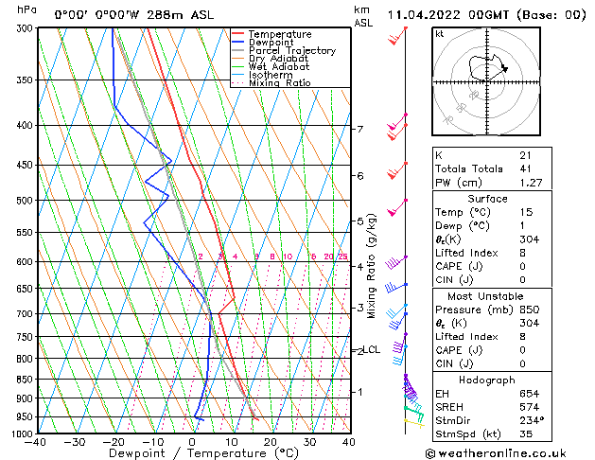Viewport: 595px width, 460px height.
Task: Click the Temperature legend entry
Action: [280, 34]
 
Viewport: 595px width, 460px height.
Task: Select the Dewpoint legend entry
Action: [271, 43]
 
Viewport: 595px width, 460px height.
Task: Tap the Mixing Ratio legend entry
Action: [279, 83]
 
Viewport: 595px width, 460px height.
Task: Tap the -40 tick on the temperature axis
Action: [37, 442]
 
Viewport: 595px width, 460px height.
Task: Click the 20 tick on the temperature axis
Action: [271, 442]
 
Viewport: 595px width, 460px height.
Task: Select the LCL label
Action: [372, 349]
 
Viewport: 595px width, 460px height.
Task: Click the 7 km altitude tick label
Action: [359, 129]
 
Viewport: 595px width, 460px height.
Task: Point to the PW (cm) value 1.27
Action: [530, 183]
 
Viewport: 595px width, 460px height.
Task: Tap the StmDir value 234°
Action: [532, 421]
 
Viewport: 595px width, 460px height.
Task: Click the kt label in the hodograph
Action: [440, 34]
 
